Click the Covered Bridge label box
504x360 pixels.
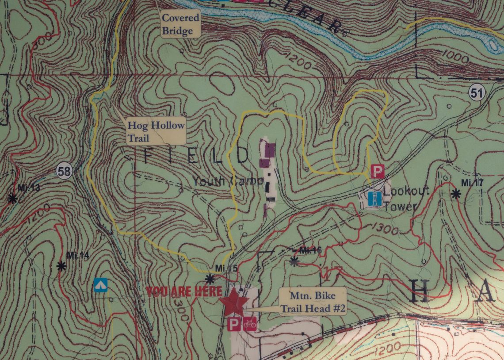[180, 24]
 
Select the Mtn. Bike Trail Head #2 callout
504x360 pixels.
[312, 302]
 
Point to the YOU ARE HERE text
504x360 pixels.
[184, 291]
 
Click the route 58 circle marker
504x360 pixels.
[65, 171]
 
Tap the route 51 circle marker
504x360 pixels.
[477, 92]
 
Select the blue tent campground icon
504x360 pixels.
[100, 285]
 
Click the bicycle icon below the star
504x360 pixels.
[250, 324]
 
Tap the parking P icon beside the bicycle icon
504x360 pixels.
[234, 324]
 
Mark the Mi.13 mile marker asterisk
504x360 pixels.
[12, 199]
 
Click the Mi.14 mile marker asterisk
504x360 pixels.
[61, 266]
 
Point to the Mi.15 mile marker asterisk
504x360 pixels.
[210, 279]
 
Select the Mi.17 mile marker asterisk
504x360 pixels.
[456, 193]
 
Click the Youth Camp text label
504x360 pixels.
[228, 181]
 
